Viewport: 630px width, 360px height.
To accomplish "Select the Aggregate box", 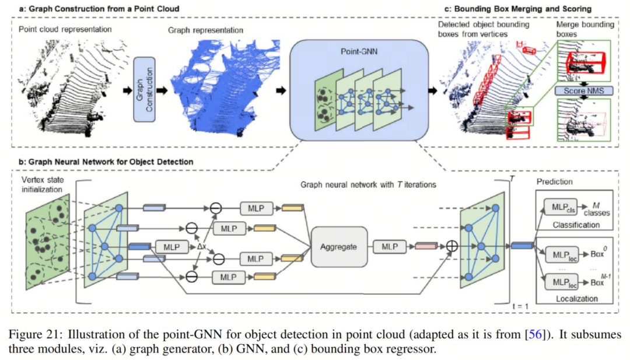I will (x=338, y=247).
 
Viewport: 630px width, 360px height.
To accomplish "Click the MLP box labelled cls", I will (x=561, y=208).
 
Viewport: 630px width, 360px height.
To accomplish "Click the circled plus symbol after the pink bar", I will (x=451, y=247).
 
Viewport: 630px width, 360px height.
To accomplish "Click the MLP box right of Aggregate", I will (x=390, y=247).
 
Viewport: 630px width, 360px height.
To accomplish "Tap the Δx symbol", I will (x=202, y=247).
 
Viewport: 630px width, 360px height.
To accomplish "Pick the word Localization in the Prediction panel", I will (x=576, y=298).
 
